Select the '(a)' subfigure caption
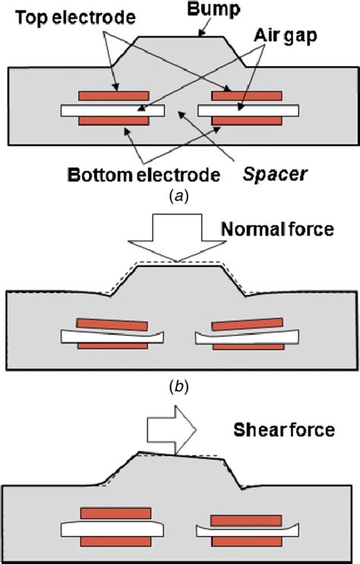point(179,196)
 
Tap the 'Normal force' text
point(278,229)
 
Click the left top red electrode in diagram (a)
point(113,97)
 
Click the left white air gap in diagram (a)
point(113,109)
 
